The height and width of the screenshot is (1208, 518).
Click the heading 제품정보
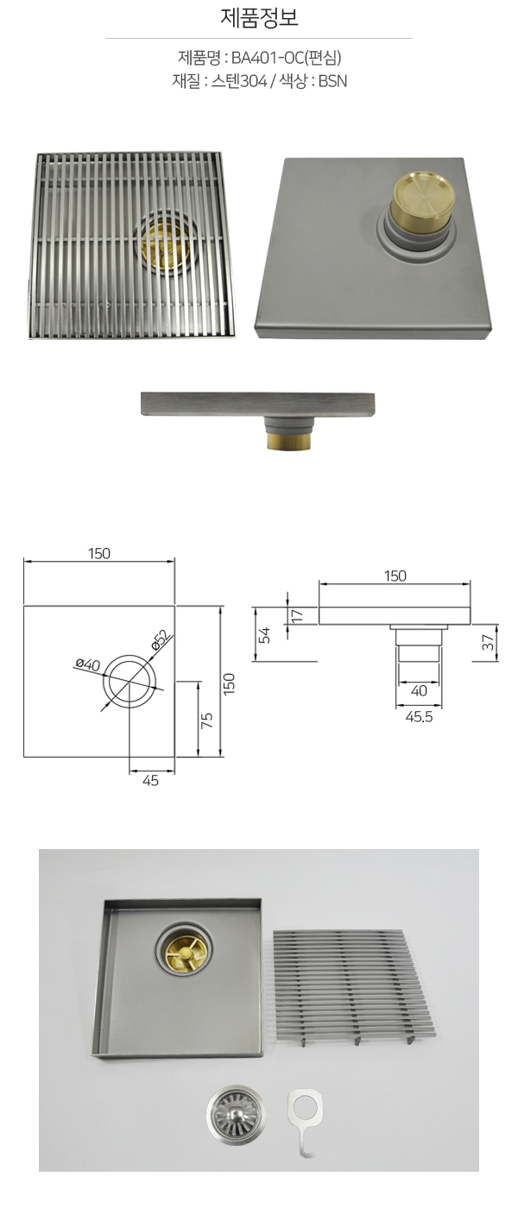[x=259, y=18]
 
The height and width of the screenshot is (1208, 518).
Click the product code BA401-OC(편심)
[x=286, y=57]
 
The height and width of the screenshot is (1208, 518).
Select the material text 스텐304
[x=238, y=81]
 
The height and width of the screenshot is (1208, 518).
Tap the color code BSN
[x=332, y=81]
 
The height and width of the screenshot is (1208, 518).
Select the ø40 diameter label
[x=87, y=664]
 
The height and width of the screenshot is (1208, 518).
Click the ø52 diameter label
[x=161, y=640]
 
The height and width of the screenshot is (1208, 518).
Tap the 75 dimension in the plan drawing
[x=207, y=720]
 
